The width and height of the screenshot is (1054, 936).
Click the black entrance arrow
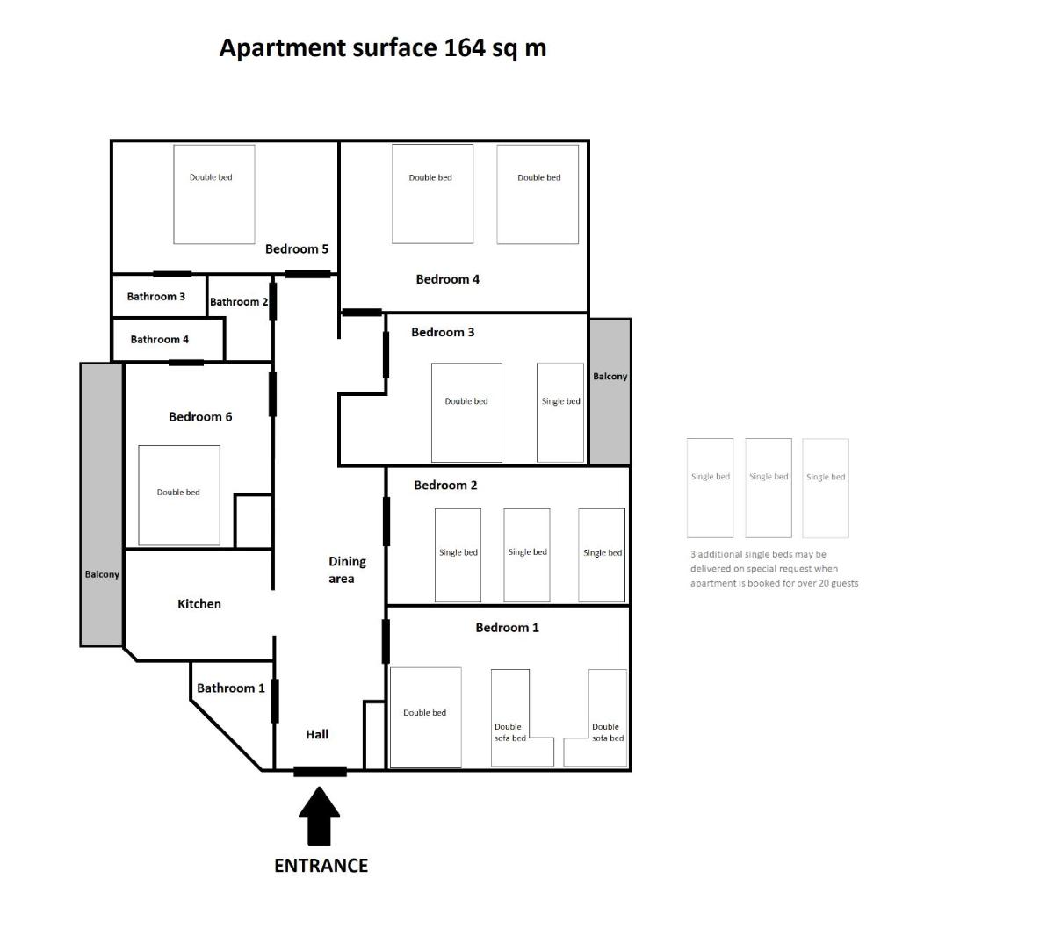click(319, 817)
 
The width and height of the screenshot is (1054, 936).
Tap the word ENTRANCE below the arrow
click(321, 866)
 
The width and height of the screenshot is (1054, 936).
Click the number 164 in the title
click(465, 47)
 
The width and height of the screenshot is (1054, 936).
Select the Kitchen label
click(199, 604)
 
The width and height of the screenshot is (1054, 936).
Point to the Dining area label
click(347, 570)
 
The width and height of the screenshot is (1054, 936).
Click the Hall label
click(317, 734)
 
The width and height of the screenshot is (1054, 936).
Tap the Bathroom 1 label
click(230, 688)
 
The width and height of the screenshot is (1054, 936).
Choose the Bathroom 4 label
click(159, 340)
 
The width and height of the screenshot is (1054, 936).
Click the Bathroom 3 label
click(156, 297)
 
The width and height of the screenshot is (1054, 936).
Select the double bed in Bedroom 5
click(213, 194)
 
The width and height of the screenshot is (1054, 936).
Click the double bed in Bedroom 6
click(179, 495)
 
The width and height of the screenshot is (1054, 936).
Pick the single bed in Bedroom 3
click(559, 413)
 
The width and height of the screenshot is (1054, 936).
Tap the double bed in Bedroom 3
click(466, 413)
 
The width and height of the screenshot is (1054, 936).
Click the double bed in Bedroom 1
click(426, 717)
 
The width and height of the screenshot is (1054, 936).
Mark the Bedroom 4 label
click(447, 279)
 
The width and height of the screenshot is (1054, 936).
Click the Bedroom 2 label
click(445, 486)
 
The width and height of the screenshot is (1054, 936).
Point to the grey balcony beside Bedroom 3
click(610, 392)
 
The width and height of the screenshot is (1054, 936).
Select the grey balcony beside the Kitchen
click(101, 504)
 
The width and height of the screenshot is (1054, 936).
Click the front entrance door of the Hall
click(320, 772)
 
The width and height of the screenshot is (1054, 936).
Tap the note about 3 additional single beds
click(774, 568)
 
